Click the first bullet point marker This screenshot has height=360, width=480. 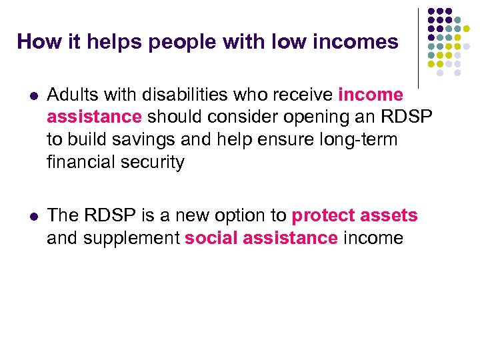point(25,95)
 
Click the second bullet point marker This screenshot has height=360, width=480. point(25,216)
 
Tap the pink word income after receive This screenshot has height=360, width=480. point(371,95)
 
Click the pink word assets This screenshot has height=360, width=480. point(389,215)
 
